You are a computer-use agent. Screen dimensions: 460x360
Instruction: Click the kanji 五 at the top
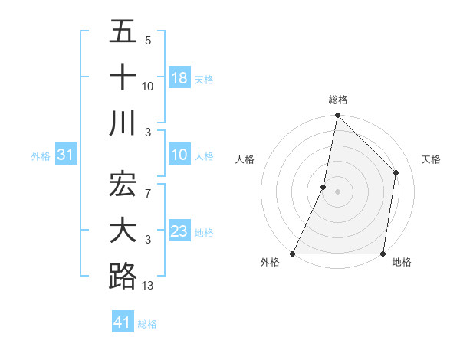click(x=123, y=33)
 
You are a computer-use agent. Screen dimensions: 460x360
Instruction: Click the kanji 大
click(x=123, y=231)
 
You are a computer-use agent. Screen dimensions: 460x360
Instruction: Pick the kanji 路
click(x=123, y=276)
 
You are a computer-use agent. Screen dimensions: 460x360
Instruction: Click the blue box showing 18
click(x=179, y=78)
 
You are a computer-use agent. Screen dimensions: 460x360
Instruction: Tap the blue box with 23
click(x=179, y=231)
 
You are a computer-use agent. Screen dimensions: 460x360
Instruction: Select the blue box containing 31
click(x=66, y=155)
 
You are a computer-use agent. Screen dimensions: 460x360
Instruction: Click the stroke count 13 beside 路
click(x=148, y=286)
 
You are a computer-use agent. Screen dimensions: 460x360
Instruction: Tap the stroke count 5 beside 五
click(x=148, y=41)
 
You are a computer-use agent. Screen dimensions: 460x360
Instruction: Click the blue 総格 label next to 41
click(x=147, y=324)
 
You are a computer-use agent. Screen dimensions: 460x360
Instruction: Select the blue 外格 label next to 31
click(x=41, y=156)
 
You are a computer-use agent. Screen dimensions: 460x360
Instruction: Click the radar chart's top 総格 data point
click(x=337, y=116)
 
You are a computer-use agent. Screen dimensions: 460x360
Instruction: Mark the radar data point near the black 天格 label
click(x=396, y=172)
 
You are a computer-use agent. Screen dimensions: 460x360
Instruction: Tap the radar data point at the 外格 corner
click(x=293, y=254)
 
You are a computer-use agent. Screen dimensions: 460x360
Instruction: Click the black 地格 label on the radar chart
click(x=402, y=262)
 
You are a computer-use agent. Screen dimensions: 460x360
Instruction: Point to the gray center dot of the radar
click(x=337, y=191)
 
